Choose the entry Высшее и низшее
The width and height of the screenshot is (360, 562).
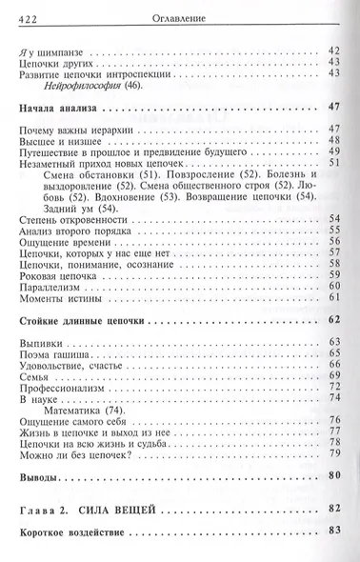(58, 139)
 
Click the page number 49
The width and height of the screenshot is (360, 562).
(333, 151)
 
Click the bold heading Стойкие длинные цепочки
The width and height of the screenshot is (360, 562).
(80, 323)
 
